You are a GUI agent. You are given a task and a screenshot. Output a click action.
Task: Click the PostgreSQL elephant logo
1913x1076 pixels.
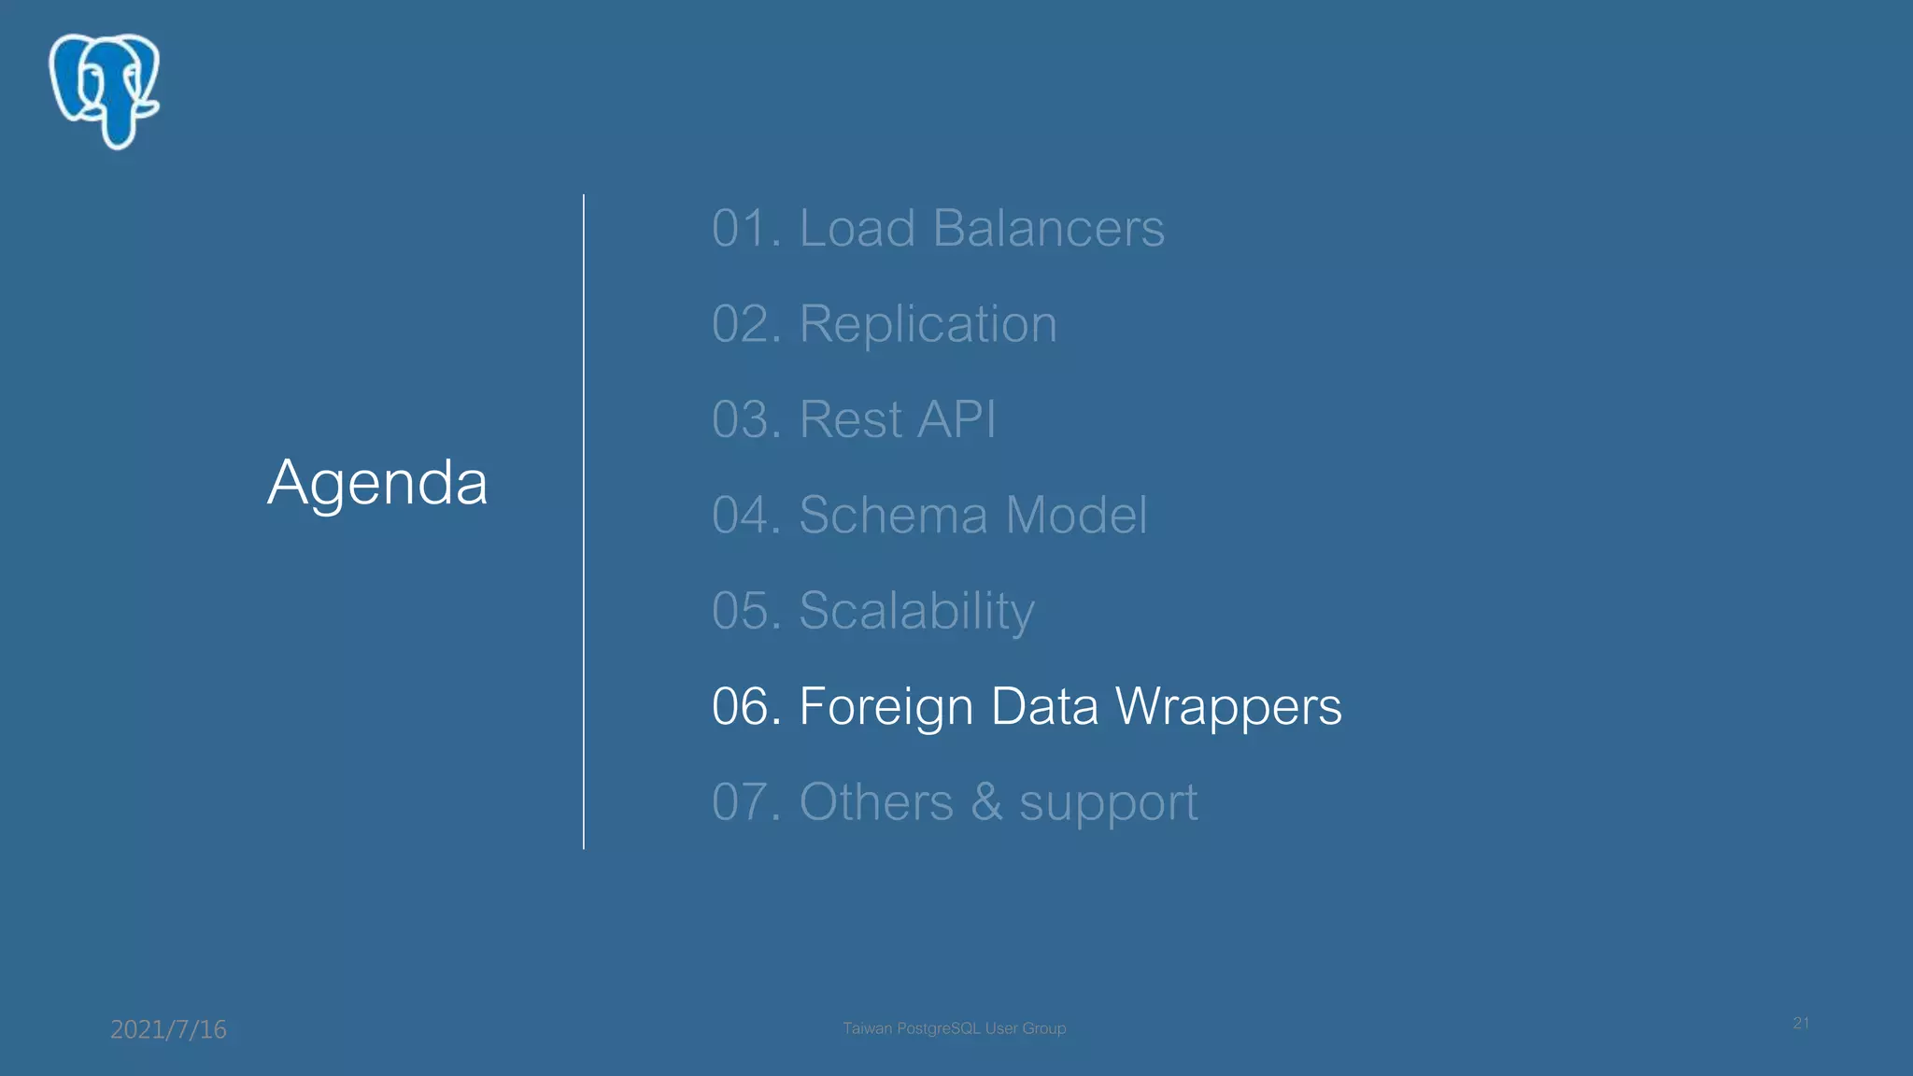[104, 91]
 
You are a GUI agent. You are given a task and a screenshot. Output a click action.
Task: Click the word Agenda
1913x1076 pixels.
[377, 484]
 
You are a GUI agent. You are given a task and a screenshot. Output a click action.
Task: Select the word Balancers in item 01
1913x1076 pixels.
[1048, 228]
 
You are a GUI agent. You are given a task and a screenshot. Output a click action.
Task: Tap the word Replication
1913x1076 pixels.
[928, 324]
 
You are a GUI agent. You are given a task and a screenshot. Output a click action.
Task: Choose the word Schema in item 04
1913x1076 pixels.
[894, 515]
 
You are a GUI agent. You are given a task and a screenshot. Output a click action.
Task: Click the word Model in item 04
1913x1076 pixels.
[1076, 515]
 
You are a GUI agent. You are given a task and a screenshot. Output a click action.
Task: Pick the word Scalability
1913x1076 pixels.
[916, 611]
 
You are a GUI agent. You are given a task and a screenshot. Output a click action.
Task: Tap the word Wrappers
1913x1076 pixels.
[1228, 706]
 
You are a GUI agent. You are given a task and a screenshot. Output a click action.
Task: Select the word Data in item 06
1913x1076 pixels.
[1044, 706]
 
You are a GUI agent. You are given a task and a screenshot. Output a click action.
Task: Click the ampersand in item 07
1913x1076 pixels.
[986, 802]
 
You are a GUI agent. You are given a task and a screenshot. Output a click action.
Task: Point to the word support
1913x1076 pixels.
[1108, 803]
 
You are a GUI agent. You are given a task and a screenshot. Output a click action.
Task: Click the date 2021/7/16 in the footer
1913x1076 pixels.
[168, 1029]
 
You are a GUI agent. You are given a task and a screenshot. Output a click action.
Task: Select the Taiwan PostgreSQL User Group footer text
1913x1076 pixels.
[954, 1028]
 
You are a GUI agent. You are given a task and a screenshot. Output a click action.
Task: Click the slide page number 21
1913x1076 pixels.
[1801, 1023]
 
